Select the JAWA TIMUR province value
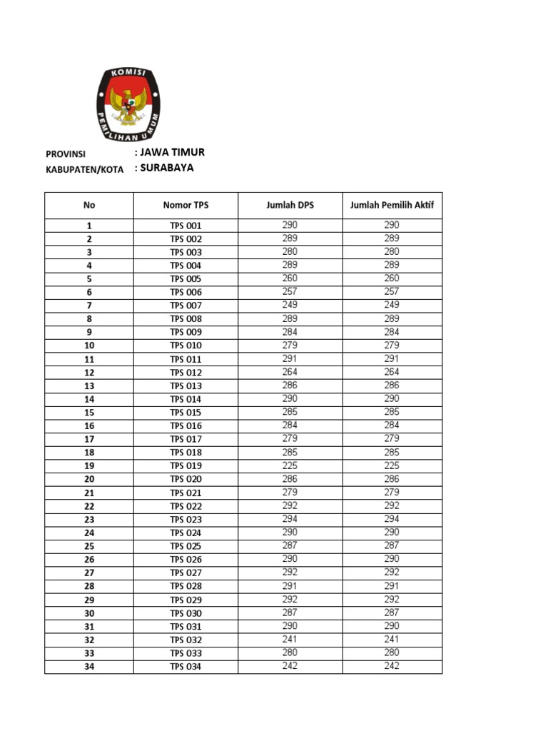tap(171, 153)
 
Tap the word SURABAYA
tap(167, 168)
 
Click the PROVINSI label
tap(66, 154)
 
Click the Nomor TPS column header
tap(186, 206)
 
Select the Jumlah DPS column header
tap(290, 206)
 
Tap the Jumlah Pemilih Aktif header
tap(392, 206)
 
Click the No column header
tap(89, 206)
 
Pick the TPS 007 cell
tap(186, 306)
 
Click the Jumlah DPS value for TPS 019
tap(290, 465)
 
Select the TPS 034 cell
tap(186, 667)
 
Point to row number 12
tap(89, 373)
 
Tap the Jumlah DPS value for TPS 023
tap(290, 519)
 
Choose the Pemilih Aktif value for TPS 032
tap(392, 640)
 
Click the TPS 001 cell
tap(186, 226)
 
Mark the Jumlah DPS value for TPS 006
tap(290, 291)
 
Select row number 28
tap(89, 586)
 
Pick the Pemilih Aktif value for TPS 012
tap(392, 372)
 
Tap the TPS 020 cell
tap(186, 479)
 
